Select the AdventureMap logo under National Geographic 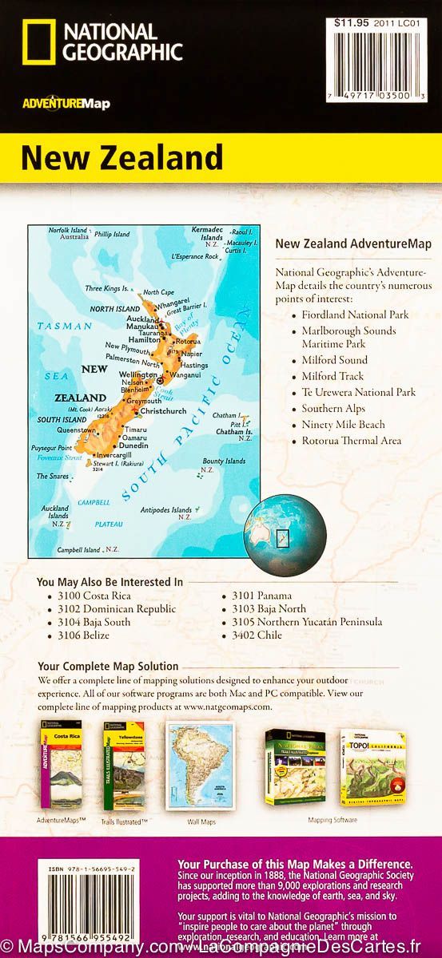pos(66,103)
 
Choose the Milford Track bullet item pos(332,376)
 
